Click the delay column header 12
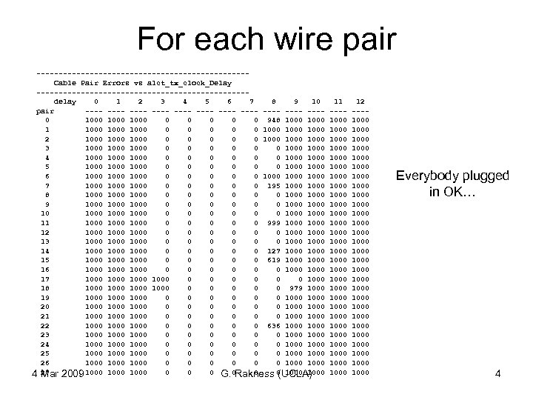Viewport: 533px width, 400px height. pyautogui.click(x=360, y=100)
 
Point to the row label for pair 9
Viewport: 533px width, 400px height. pyautogui.click(x=47, y=204)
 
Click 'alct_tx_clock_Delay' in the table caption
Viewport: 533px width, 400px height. pyautogui.click(x=190, y=81)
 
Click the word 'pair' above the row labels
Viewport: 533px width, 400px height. pyautogui.click(x=45, y=110)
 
